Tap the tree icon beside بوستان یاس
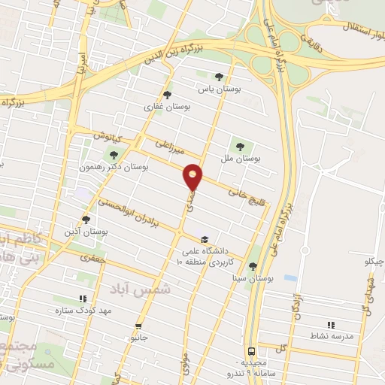[219, 76]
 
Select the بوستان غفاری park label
[166, 108]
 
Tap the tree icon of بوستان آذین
[86, 220]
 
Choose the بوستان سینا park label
[252, 277]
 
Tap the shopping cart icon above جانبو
[138, 326]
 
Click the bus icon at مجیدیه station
[251, 350]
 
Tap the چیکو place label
[374, 262]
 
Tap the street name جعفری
[89, 257]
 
